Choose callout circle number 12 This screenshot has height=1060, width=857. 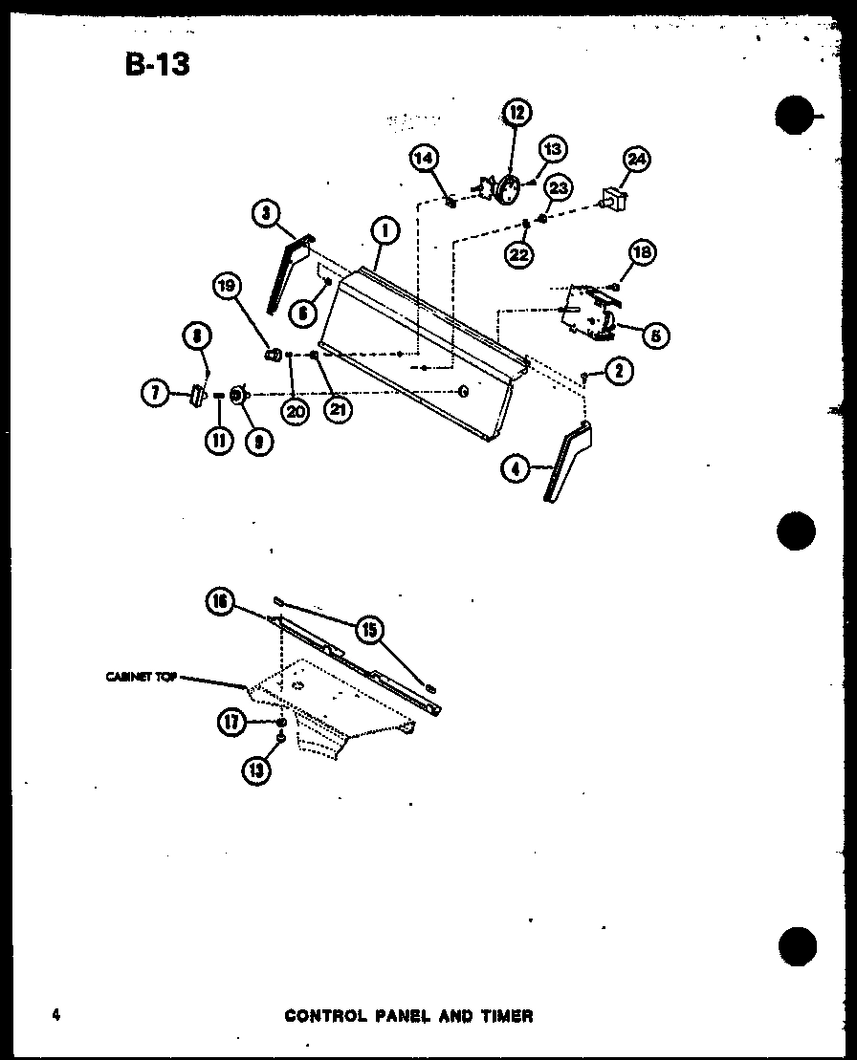tap(516, 113)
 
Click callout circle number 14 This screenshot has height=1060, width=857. tap(425, 158)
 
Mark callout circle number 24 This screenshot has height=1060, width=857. tap(636, 160)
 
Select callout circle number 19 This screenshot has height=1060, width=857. tap(229, 286)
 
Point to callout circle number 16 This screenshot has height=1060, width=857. tap(220, 601)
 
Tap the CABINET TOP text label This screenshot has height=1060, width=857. tap(141, 676)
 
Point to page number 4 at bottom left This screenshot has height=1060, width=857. tap(56, 1015)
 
